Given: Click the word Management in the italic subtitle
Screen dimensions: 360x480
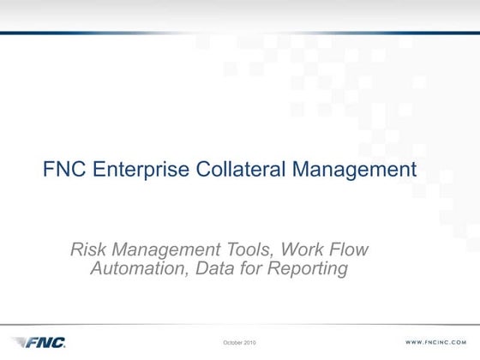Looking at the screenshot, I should (159, 250).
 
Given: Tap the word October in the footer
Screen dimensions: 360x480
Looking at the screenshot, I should (233, 343).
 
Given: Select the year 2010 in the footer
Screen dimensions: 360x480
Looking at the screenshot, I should (250, 343).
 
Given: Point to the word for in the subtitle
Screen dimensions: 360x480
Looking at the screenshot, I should (246, 269).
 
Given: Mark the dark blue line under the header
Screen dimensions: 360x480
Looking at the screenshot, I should (240, 33).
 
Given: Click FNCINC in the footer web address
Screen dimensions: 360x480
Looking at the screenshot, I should (441, 343).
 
